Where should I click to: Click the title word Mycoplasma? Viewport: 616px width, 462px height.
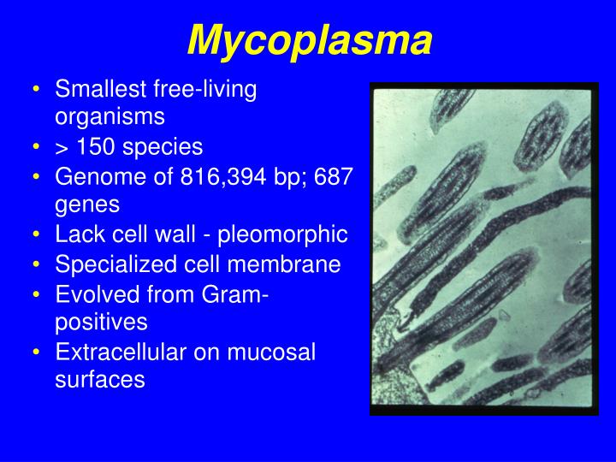(309, 39)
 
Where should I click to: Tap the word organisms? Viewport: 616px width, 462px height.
(109, 116)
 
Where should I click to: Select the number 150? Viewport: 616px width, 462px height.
(98, 146)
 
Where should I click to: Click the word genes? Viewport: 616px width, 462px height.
(87, 204)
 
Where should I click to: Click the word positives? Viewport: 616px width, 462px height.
(101, 323)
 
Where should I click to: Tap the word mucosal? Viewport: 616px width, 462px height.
(275, 352)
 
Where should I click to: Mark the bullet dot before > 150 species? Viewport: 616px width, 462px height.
(38, 146)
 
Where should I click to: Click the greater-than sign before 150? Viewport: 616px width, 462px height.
(62, 147)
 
